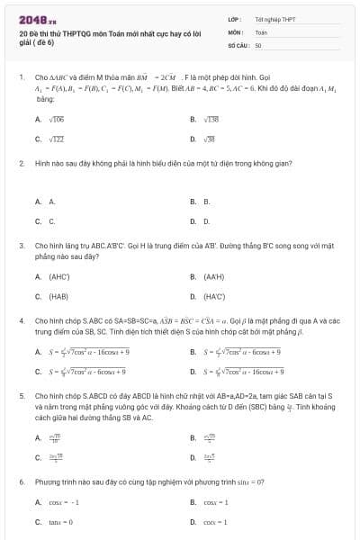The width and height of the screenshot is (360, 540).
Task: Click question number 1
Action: [21, 77]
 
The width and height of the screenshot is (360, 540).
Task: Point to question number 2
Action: [21, 164]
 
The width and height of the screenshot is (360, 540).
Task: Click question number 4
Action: [21, 319]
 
